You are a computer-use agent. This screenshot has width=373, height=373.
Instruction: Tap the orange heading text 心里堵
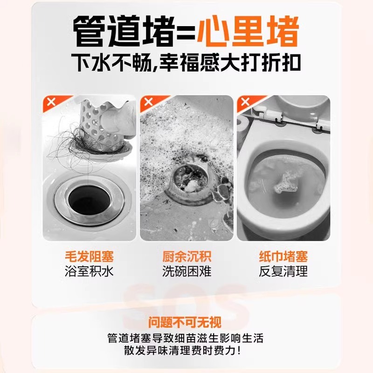click(248, 31)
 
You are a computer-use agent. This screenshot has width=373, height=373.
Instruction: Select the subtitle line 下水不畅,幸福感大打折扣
click(186, 63)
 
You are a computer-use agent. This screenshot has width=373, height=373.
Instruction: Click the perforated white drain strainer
click(100, 124)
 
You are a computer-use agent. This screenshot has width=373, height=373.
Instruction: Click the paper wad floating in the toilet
click(283, 182)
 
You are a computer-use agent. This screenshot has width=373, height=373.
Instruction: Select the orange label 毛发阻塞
click(89, 256)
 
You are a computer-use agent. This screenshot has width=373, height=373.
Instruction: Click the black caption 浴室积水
click(89, 271)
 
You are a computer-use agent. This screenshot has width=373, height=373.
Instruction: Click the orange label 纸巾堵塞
click(283, 256)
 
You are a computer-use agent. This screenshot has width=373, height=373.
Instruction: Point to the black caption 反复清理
click(283, 271)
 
